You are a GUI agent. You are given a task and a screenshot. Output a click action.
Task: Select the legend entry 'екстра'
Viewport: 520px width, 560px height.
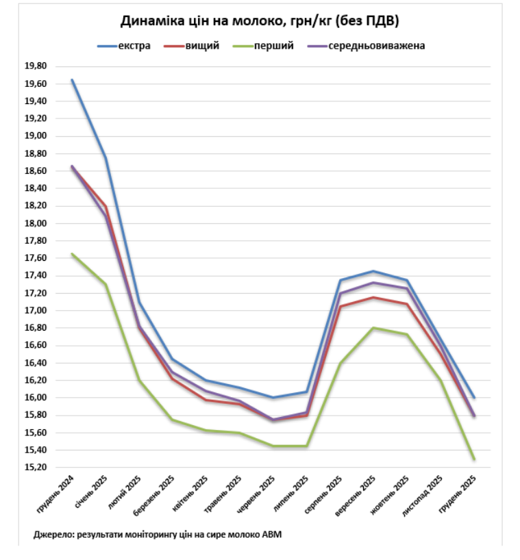[134, 47]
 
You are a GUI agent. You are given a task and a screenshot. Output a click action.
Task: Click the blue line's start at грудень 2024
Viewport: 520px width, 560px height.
[72, 80]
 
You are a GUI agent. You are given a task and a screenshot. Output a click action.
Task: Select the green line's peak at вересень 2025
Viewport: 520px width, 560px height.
[373, 327]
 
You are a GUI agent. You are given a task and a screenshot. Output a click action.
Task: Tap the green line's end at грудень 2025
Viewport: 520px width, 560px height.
[473, 459]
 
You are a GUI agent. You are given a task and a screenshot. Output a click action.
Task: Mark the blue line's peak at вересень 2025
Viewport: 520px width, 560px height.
[373, 271]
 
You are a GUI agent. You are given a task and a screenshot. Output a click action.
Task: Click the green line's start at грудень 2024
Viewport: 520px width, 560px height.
[72, 254]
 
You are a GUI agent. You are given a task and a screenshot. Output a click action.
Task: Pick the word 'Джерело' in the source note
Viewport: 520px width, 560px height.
[52, 534]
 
